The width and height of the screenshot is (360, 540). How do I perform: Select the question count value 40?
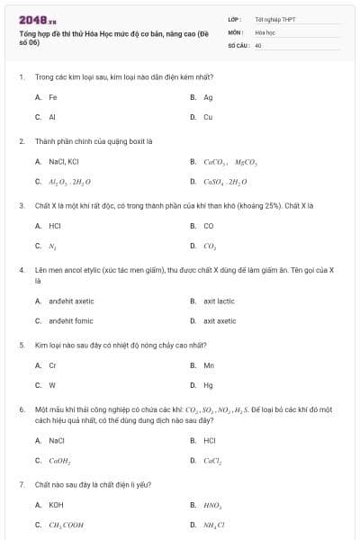258,44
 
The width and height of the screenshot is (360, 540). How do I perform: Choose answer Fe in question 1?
53,96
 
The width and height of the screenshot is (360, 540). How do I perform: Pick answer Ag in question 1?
208,96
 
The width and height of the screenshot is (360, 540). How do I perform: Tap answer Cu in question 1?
208,117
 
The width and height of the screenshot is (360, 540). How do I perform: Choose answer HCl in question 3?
55,226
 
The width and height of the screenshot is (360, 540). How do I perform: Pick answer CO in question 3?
209,226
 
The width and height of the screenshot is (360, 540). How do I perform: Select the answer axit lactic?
219,301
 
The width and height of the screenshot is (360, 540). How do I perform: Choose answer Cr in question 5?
53,365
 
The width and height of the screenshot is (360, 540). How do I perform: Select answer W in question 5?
52,385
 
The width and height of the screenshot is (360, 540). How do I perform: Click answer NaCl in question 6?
57,440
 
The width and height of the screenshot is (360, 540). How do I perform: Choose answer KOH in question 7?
56,505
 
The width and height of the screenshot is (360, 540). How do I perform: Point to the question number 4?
21,269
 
